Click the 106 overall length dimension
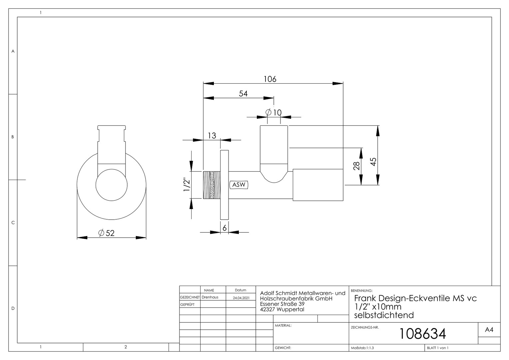pos(270,79)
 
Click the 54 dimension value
pos(243,93)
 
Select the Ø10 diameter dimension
pos(273,112)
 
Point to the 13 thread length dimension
pos(212,136)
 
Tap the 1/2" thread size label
pos(187,184)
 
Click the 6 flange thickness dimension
pos(225,228)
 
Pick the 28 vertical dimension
pos(356,166)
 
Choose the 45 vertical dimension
pos(373,162)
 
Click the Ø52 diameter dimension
pos(106,233)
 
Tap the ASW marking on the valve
pos(239,185)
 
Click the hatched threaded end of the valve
pos(212,185)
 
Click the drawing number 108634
pos(422,334)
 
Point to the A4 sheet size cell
pos(489,330)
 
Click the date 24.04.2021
pos(241,298)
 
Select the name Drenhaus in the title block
pos(210,297)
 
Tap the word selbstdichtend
pos(384,315)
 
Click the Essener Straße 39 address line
pos(282,304)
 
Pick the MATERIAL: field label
pos(283,325)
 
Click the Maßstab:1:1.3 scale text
pos(362,348)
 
